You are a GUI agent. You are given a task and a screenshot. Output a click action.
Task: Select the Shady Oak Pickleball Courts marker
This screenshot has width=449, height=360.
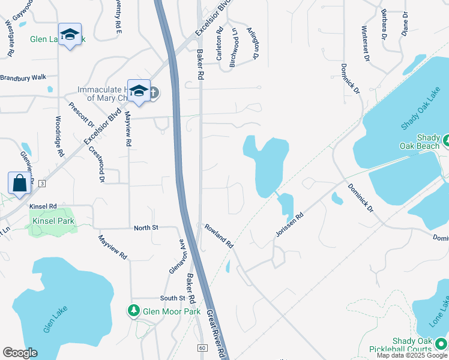tap(444, 343)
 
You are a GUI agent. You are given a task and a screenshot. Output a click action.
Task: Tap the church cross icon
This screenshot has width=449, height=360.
tap(154, 92)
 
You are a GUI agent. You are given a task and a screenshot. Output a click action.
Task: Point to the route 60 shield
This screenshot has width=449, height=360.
tap(202, 348)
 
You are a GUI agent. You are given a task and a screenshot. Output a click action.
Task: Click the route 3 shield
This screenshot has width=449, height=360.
tap(41, 182)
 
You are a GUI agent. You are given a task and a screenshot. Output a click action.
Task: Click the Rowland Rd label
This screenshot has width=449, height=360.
tap(218, 235)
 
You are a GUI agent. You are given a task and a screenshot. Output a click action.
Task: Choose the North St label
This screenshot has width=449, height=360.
tap(146, 228)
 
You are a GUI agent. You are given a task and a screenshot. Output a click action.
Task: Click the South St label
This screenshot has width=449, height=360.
tap(172, 298)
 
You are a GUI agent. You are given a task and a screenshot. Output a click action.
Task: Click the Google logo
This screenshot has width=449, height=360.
tap(20, 353)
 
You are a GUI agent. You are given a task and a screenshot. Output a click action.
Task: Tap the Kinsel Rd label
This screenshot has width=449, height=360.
tap(43, 206)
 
